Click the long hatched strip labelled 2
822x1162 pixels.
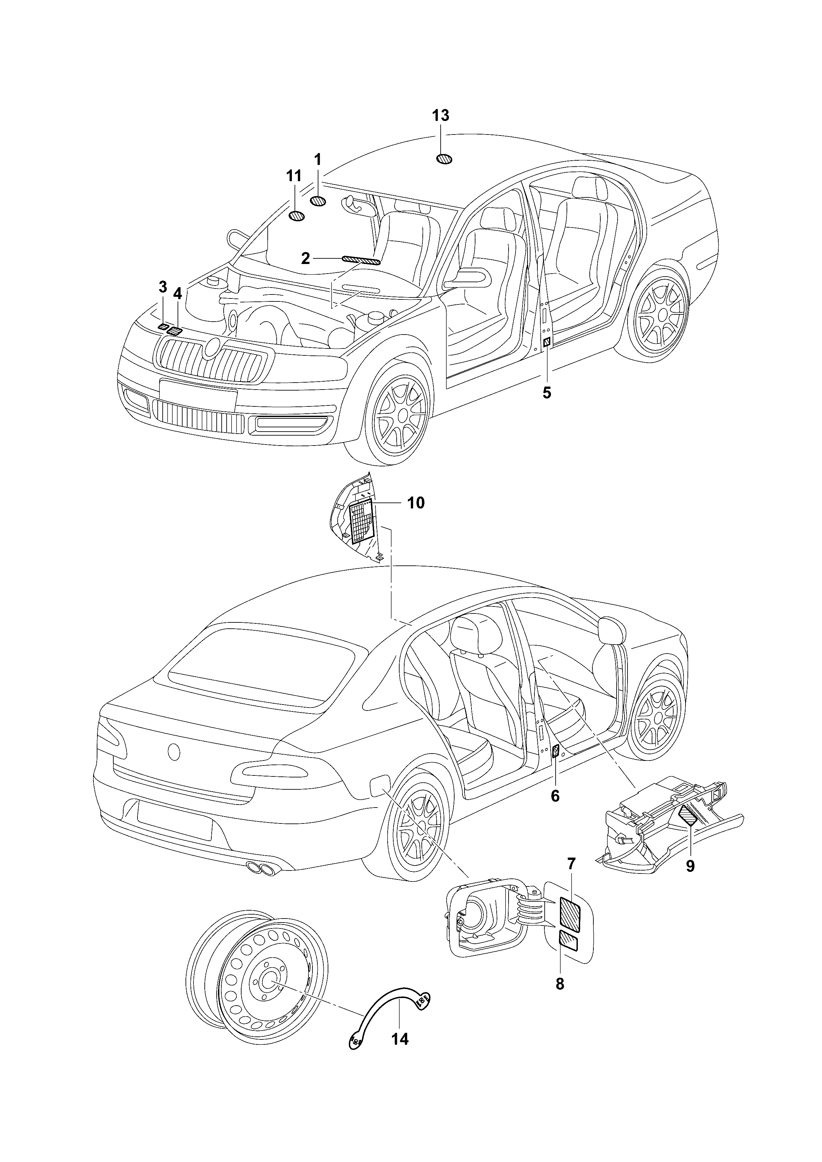tap(361, 260)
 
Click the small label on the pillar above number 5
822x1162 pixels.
tap(547, 343)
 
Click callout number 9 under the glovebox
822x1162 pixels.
tap(690, 866)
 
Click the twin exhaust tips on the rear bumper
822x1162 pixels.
tap(262, 869)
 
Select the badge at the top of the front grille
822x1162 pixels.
tap(212, 347)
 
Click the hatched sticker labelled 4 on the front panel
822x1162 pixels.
tap(175, 332)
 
